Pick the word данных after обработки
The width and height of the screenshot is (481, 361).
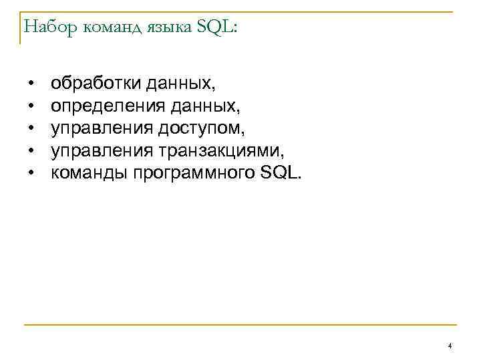(x=181, y=84)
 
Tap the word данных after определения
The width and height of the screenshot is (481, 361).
(x=204, y=106)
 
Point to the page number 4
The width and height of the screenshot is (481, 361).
(x=450, y=346)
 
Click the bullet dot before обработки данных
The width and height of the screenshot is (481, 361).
(x=31, y=86)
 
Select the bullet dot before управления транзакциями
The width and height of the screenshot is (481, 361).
(x=31, y=152)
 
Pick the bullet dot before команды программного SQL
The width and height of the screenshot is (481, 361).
(x=31, y=174)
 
